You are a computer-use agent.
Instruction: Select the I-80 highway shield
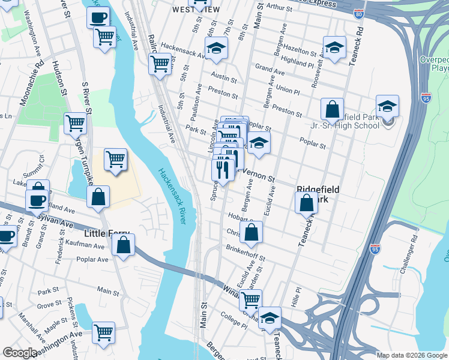point(359,13)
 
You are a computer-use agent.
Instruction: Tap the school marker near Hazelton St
point(335,49)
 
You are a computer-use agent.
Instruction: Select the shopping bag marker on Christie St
point(253,233)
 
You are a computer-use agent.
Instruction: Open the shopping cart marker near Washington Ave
point(104,333)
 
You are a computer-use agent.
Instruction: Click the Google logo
point(20,353)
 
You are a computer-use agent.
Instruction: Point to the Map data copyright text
point(411,355)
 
